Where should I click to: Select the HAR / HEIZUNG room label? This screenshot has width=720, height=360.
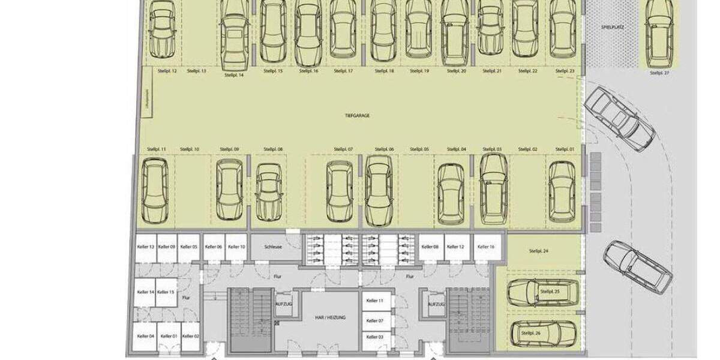point(329,317)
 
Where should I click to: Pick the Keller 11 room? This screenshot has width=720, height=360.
point(375,301)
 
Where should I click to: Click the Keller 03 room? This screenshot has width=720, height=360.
point(375,338)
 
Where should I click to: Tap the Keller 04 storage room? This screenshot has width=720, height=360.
point(146,337)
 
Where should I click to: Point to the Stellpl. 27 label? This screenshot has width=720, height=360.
point(659,73)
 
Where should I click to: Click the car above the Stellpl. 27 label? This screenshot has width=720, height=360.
point(659,33)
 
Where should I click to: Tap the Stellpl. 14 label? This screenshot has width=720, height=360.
point(233,76)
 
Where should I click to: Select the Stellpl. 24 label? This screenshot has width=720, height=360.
point(538,251)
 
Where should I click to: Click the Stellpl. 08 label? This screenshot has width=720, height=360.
point(272,149)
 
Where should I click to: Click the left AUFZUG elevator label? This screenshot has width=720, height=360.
point(284,305)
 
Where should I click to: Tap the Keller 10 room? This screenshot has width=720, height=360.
point(237,247)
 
